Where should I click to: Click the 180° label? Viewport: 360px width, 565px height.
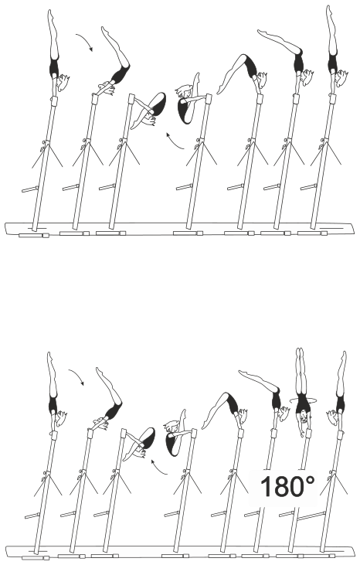click(287, 486)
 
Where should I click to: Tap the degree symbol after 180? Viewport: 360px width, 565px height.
click(311, 480)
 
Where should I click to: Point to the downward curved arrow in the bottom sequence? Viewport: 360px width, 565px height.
click(77, 376)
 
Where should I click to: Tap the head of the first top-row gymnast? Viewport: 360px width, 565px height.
click(63, 83)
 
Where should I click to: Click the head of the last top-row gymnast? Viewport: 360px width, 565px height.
click(341, 77)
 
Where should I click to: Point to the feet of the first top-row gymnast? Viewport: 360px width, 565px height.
click(50, 15)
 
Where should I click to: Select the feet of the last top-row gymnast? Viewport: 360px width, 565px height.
click(329, 10)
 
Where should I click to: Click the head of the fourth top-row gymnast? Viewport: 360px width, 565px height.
click(183, 90)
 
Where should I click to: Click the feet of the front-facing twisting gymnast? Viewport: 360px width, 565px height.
click(300, 352)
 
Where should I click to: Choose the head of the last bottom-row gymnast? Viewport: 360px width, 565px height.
click(332, 417)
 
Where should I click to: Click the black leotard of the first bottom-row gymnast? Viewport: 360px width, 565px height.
click(53, 404)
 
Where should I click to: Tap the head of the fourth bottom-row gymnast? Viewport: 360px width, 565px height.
click(171, 427)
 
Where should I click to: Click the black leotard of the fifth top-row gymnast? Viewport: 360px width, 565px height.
click(250, 66)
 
